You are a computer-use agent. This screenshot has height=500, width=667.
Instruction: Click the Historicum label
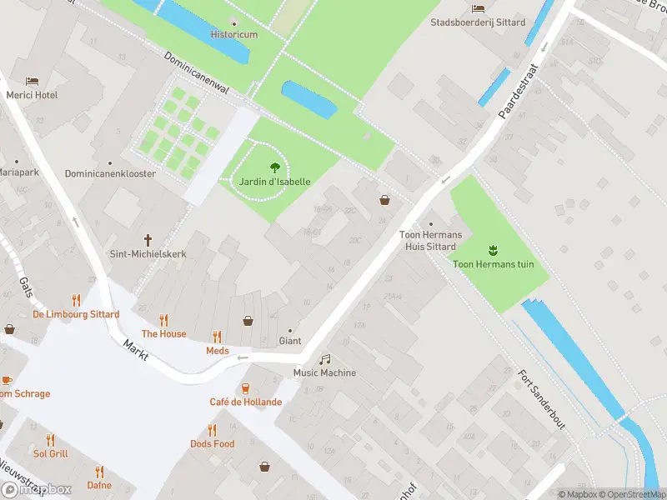pyautogui.click(x=233, y=35)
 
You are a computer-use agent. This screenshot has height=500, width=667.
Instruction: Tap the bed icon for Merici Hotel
pyautogui.click(x=33, y=81)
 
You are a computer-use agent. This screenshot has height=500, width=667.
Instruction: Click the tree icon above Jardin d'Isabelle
pyautogui.click(x=275, y=166)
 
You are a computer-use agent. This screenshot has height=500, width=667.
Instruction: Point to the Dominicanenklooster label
pyautogui.click(x=110, y=174)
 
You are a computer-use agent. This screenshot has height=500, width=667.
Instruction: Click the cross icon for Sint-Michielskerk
pyautogui.click(x=148, y=238)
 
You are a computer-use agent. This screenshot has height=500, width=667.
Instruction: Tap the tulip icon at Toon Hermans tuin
pyautogui.click(x=493, y=249)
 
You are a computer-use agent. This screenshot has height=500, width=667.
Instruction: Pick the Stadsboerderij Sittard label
pyautogui.click(x=478, y=22)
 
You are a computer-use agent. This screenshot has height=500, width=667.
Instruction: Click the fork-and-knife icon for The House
pyautogui.click(x=163, y=319)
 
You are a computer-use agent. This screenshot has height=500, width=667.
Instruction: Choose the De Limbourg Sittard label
pyautogui.click(x=76, y=314)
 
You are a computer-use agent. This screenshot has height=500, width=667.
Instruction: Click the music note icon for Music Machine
pyautogui.click(x=324, y=358)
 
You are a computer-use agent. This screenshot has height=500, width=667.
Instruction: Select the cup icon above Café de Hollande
pyautogui.click(x=245, y=387)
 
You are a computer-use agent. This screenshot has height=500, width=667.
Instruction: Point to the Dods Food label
pyautogui.click(x=212, y=444)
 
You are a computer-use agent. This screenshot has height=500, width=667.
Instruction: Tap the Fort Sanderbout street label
pyautogui.click(x=542, y=399)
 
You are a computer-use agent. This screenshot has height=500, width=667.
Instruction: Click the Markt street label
pyautogui.click(x=135, y=349)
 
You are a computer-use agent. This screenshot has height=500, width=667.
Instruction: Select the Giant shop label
pyautogui.click(x=290, y=341)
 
